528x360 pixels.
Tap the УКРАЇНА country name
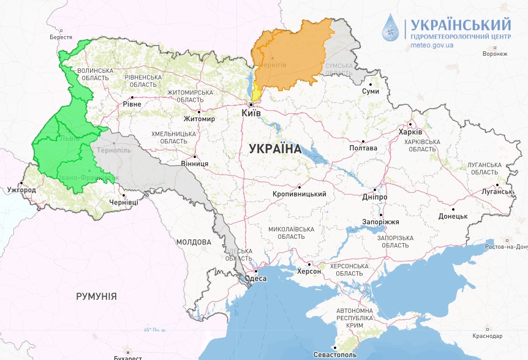[x=276, y=149]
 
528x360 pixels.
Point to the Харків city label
[x=410, y=132]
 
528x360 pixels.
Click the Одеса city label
[x=255, y=279]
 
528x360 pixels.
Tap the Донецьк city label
[x=453, y=217]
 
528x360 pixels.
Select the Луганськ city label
[x=496, y=192]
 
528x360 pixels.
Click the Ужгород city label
[x=21, y=190]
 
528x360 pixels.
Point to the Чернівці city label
[x=123, y=203]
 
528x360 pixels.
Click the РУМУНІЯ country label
[x=96, y=296]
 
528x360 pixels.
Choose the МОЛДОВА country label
[x=194, y=242]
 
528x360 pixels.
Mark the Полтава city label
[x=363, y=148]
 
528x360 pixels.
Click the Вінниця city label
[x=194, y=164]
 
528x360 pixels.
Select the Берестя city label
[x=61, y=37]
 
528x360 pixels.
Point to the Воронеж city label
[x=495, y=54]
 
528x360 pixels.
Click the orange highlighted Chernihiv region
[x=288, y=58]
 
